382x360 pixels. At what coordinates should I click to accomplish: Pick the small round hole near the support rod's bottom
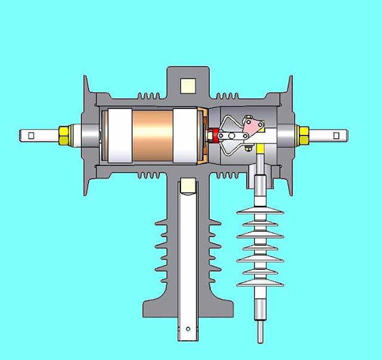(x=187, y=328)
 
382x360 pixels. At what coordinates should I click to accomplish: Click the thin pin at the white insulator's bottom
(x=260, y=331)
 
